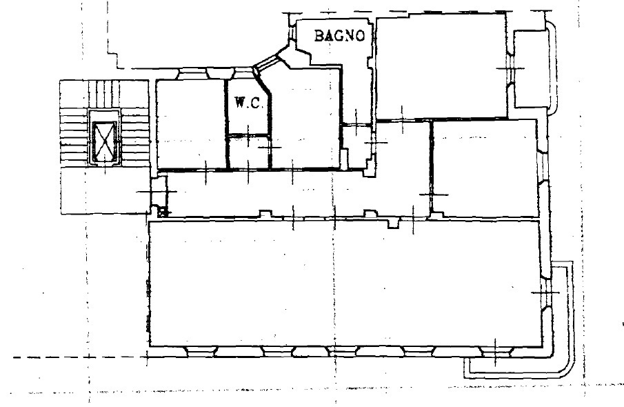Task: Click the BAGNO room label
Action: [339, 36]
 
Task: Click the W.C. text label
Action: [249, 103]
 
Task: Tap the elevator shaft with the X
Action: [105, 138]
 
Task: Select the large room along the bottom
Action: [345, 283]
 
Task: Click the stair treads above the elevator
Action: [104, 94]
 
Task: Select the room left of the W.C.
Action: [191, 124]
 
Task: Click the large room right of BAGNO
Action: [441, 66]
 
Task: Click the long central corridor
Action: [299, 194]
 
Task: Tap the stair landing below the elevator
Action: [105, 190]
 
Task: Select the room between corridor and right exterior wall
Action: [485, 168]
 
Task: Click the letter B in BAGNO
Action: [319, 36]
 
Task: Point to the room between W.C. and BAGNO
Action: [305, 118]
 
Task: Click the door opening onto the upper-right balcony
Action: [511, 68]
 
